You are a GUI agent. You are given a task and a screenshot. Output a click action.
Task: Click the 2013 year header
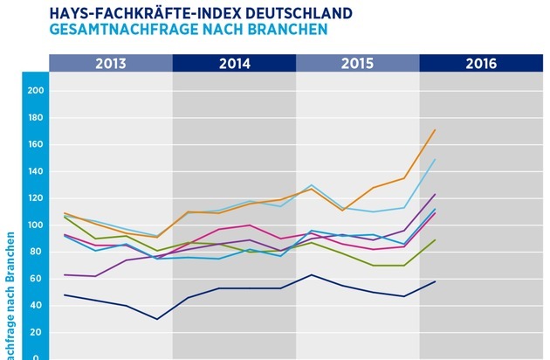(111, 63)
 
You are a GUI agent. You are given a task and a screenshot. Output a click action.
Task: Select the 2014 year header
(234, 63)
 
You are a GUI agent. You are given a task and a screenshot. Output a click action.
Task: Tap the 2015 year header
(358, 63)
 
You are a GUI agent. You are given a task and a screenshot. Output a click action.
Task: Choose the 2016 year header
(481, 63)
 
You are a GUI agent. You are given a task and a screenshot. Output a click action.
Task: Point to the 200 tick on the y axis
(35, 91)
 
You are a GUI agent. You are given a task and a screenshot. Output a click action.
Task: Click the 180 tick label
(35, 118)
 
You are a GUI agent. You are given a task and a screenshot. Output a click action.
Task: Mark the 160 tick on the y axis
(35, 145)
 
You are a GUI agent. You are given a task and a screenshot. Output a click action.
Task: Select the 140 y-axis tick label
(35, 172)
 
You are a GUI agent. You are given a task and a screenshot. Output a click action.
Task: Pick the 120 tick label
(35, 198)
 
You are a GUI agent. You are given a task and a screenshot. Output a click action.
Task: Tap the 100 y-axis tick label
(35, 225)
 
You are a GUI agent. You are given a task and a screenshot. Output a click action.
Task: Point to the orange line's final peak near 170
(435, 130)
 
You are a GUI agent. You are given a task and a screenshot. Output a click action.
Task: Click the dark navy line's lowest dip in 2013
(157, 319)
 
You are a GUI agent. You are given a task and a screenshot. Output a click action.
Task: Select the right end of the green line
(435, 239)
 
